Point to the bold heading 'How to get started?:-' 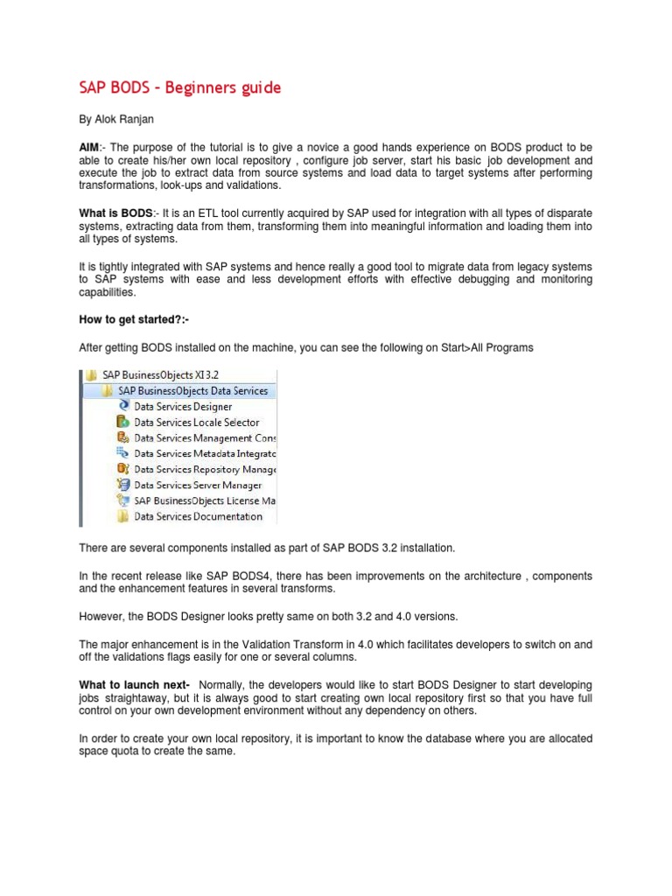(x=135, y=320)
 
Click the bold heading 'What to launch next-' (x=134, y=683)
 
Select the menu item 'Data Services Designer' (x=183, y=406)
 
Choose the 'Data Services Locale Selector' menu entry (x=196, y=422)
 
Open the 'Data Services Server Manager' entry (x=198, y=485)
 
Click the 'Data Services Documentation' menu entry (x=198, y=516)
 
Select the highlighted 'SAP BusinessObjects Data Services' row (x=192, y=390)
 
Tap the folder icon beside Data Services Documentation (x=122, y=516)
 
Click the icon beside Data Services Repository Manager (x=122, y=469)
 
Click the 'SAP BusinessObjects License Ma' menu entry (x=205, y=500)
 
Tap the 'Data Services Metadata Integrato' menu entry (x=205, y=453)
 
